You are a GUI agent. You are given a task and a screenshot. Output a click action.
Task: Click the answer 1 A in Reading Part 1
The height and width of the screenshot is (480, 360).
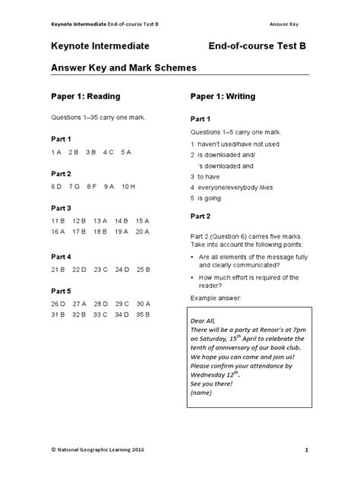click(x=56, y=152)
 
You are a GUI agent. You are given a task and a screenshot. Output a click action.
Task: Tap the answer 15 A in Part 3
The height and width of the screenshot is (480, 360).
click(x=143, y=220)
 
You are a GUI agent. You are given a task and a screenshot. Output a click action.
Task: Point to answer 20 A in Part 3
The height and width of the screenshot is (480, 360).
click(x=143, y=232)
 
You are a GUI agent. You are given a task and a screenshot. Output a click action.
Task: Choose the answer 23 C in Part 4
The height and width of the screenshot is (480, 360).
click(x=101, y=269)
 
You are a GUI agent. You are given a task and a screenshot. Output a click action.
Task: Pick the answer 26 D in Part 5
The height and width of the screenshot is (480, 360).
click(x=58, y=303)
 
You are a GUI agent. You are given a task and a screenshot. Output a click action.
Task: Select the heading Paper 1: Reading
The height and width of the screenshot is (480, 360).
click(x=86, y=97)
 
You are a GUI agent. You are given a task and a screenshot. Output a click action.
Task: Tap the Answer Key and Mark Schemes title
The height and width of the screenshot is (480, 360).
click(x=124, y=68)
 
